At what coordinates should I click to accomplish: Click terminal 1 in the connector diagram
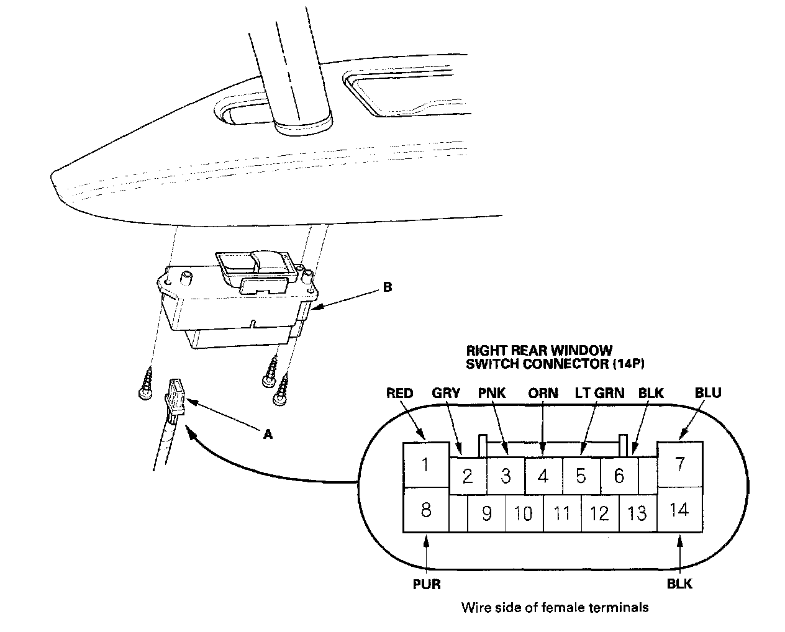[425, 464]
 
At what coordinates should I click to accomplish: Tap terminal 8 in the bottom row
[425, 510]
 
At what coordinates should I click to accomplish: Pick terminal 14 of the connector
[680, 510]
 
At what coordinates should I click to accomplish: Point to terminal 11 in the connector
[562, 513]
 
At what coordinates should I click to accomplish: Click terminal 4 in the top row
[543, 476]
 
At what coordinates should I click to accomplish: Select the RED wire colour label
[399, 393]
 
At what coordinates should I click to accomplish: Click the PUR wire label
[426, 584]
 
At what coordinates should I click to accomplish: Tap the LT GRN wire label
[599, 393]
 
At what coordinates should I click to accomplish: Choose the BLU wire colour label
[708, 393]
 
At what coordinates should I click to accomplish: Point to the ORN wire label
[543, 393]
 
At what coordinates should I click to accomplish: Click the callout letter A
[268, 435]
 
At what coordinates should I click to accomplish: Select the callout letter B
[387, 287]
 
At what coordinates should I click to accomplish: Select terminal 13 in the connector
[638, 513]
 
